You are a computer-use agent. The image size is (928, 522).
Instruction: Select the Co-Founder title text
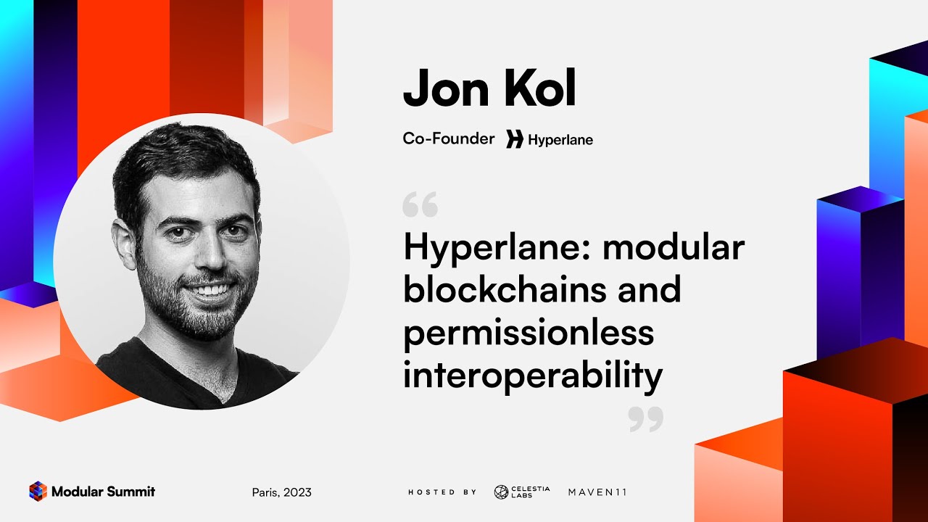[x=449, y=138]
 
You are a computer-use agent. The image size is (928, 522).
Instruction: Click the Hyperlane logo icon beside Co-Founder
[x=515, y=139]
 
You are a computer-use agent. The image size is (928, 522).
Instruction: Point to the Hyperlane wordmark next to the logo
[x=560, y=140]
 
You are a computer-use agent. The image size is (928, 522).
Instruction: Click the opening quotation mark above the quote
[x=420, y=207]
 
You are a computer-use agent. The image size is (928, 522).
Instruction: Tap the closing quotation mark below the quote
[x=645, y=419]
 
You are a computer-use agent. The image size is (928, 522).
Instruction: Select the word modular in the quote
[x=674, y=247]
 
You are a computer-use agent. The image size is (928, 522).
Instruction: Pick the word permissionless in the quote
[x=529, y=333]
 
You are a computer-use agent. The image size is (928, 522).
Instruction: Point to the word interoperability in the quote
[x=533, y=376]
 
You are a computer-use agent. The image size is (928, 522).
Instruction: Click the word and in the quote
[x=650, y=290]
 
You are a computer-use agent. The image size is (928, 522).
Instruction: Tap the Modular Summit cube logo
[x=38, y=492]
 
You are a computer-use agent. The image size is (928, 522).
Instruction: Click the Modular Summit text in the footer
[x=103, y=492]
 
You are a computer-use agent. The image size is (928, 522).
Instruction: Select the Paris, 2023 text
[x=282, y=492]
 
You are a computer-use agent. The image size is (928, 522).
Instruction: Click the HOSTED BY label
[x=442, y=492]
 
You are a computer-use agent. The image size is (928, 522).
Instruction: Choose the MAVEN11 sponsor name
[x=597, y=492]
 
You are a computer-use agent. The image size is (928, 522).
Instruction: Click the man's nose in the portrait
[x=206, y=254]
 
